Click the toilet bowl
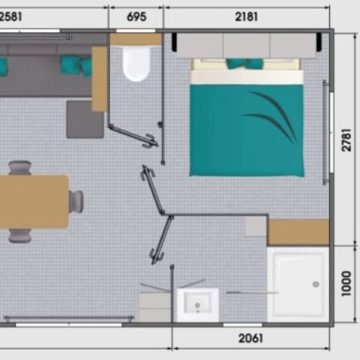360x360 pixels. tap(136, 64)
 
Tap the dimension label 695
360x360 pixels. tap(136, 16)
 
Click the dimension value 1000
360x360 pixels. tap(346, 283)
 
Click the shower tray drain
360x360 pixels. tap(316, 284)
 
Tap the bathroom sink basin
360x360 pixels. tap(198, 304)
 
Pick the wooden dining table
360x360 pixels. tap(34, 202)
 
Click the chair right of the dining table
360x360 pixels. tap(76, 201)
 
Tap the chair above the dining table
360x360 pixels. tap(20, 168)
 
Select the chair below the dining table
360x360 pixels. tap(20, 235)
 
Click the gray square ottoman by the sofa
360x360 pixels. tap(85, 118)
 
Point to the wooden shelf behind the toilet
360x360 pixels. tap(136, 39)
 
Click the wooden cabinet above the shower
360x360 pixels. tap(298, 232)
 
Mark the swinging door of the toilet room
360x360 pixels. tap(133, 136)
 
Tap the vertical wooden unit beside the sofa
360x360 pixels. tap(99, 79)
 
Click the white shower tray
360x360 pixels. tap(298, 284)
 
